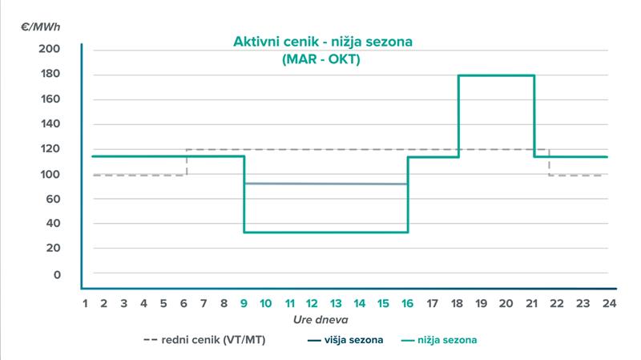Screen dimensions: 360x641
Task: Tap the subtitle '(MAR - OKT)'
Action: tap(320, 59)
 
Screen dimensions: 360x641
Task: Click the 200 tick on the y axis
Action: tap(50, 50)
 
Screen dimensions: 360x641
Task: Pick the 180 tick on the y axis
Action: tap(50, 75)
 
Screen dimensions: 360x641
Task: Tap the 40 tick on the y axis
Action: tap(53, 224)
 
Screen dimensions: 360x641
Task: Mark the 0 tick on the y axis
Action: tap(57, 274)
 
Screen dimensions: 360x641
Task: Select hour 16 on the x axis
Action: tap(407, 304)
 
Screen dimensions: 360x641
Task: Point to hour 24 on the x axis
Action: tap(608, 304)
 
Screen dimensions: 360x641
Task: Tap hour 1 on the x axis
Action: tap(85, 304)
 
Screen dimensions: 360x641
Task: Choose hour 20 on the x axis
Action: tap(505, 304)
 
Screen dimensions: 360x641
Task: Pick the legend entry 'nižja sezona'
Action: tap(446, 340)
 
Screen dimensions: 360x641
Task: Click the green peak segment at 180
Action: tap(496, 75)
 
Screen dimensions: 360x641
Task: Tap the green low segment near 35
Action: tap(325, 232)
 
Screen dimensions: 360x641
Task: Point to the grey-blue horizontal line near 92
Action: tap(325, 184)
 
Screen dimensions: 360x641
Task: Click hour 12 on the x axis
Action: tap(312, 304)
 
